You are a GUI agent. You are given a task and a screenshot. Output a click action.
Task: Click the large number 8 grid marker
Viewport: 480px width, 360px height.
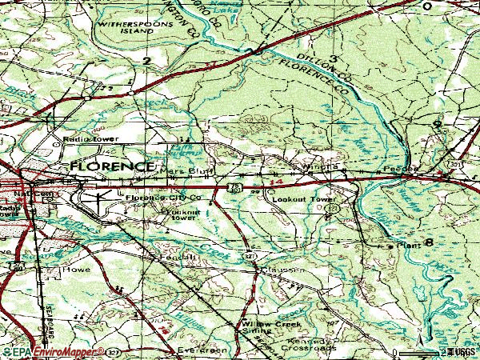[x=430, y=242]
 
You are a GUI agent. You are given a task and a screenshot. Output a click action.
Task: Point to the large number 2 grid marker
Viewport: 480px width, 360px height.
[x=146, y=60]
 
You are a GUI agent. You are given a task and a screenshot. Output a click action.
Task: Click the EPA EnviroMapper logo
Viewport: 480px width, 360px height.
[x=50, y=351]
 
